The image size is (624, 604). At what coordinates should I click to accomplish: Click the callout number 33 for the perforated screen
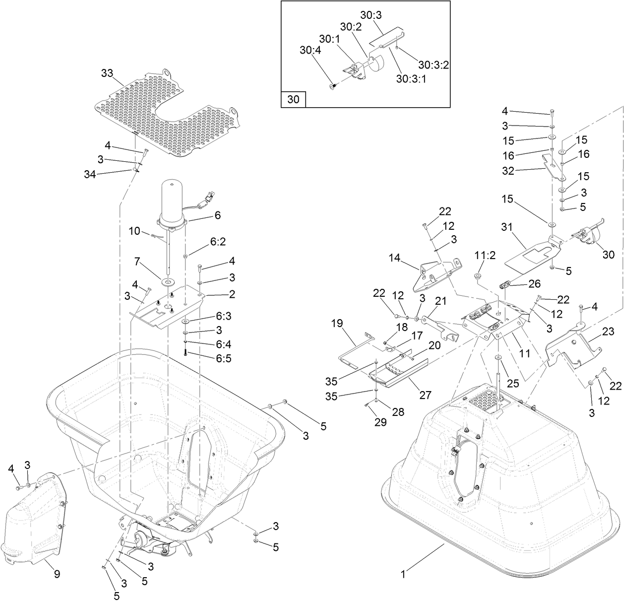tap(107, 73)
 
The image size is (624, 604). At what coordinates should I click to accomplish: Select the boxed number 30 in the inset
tap(293, 99)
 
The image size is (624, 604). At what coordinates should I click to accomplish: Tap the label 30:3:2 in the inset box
tap(433, 65)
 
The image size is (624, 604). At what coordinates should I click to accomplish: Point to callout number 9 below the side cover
tap(57, 574)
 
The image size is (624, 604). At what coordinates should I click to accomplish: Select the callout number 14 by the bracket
tap(394, 258)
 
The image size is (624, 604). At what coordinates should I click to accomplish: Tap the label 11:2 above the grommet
tap(486, 255)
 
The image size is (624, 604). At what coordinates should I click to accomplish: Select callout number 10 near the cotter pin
tap(134, 231)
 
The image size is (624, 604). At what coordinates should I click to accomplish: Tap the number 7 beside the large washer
tap(139, 261)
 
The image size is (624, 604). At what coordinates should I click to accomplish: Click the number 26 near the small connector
tap(520, 284)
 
